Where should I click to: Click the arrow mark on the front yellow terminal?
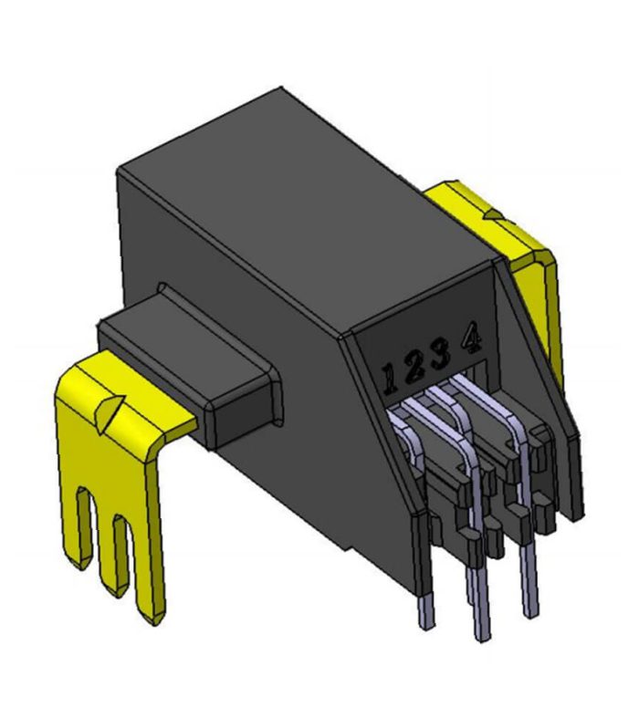click(x=109, y=411)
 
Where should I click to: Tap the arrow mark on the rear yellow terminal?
click(x=492, y=213)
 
